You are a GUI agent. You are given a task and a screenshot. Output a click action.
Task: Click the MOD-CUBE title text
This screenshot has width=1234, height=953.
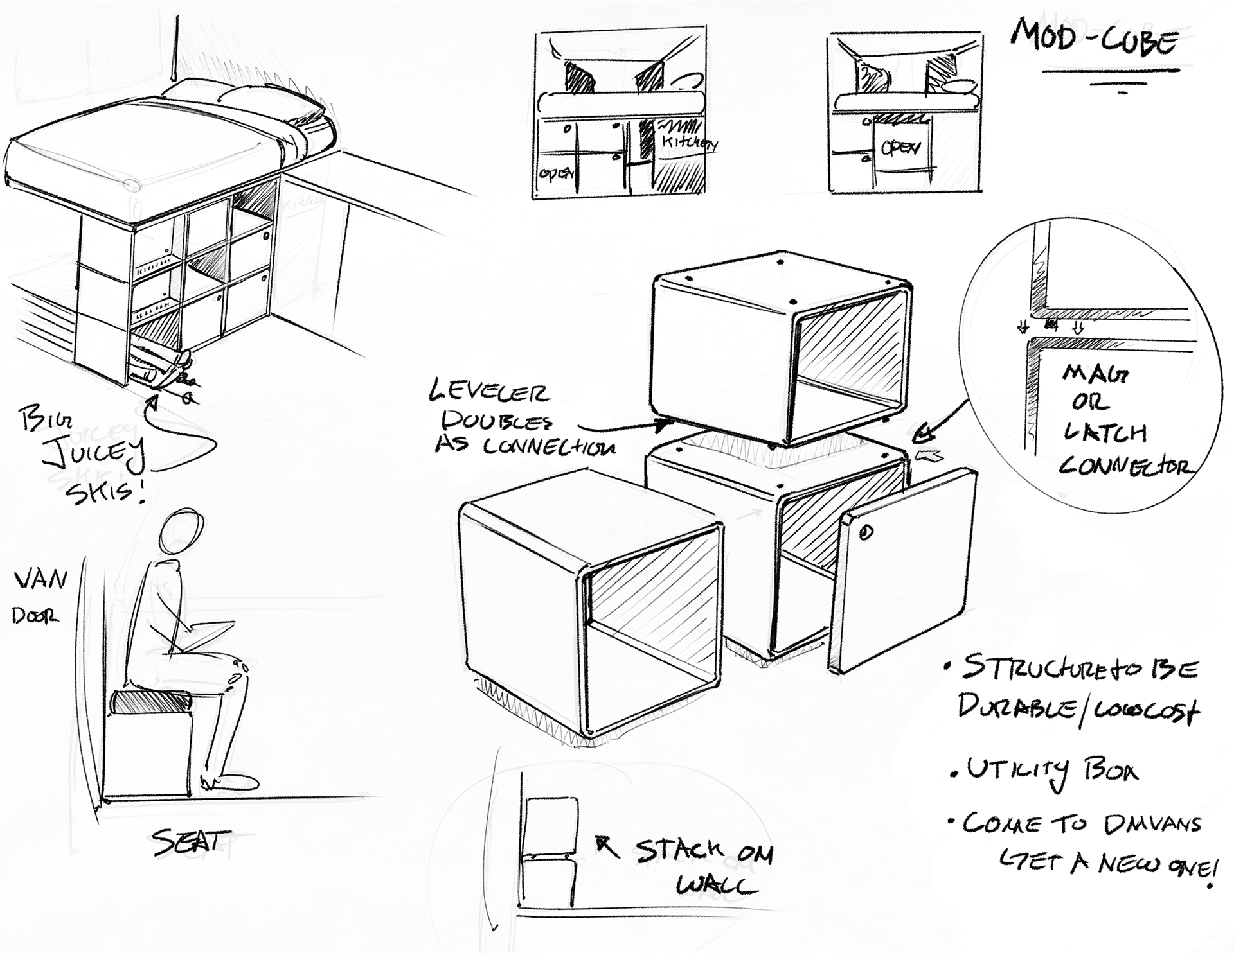[x=1095, y=39]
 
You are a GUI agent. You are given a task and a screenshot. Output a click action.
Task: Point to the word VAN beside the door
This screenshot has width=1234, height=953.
[x=40, y=579]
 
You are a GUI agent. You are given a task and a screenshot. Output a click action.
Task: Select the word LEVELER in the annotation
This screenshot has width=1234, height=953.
[x=490, y=391]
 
